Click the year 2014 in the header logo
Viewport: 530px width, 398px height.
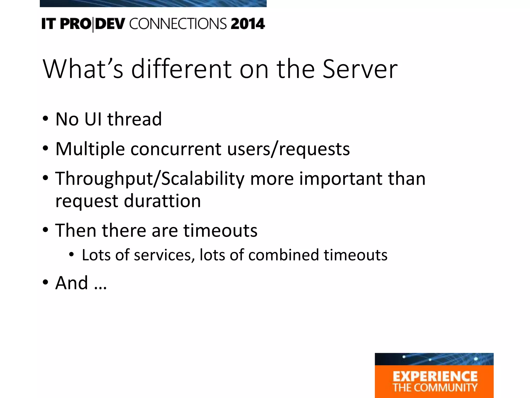click(x=248, y=24)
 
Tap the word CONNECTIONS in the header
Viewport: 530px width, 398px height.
click(x=178, y=24)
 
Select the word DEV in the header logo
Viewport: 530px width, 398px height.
click(x=110, y=24)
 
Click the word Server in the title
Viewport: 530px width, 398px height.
click(x=360, y=69)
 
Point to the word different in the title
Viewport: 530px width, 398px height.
click(x=181, y=69)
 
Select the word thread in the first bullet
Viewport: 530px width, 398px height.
click(x=135, y=119)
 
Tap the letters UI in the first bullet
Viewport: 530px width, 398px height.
click(x=93, y=119)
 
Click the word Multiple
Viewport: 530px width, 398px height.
click(x=90, y=149)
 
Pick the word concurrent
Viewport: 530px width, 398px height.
click(x=176, y=149)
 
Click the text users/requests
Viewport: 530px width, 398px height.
click(x=288, y=149)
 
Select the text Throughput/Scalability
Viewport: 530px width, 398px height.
click(x=150, y=179)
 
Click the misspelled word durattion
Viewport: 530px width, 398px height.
click(x=162, y=201)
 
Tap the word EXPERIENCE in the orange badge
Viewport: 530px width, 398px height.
click(x=435, y=376)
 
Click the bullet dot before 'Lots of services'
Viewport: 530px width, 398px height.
click(x=71, y=255)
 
